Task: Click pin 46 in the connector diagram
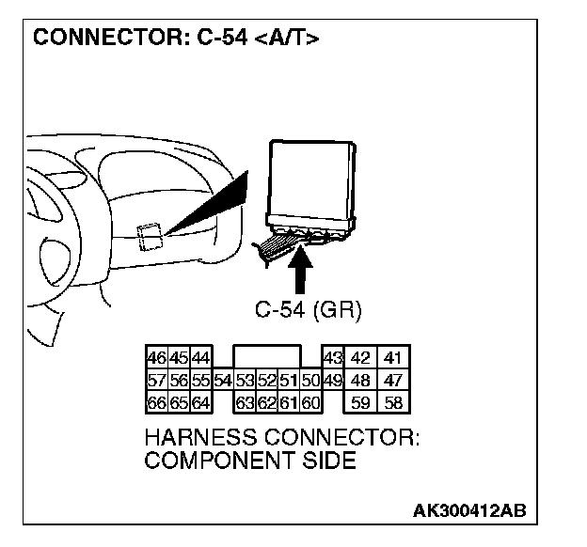pos(156,358)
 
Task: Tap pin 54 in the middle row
pos(223,381)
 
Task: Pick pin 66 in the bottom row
pos(156,403)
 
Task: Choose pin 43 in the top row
pos(331,358)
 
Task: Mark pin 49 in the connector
pos(331,381)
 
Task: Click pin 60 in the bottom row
pos(311,403)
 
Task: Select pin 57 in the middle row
pos(156,381)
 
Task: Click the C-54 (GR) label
pos(308,309)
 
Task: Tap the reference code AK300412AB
pos(468,510)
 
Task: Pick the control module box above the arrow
pos(313,179)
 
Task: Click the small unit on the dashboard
pos(147,235)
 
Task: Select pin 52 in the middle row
pos(267,381)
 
